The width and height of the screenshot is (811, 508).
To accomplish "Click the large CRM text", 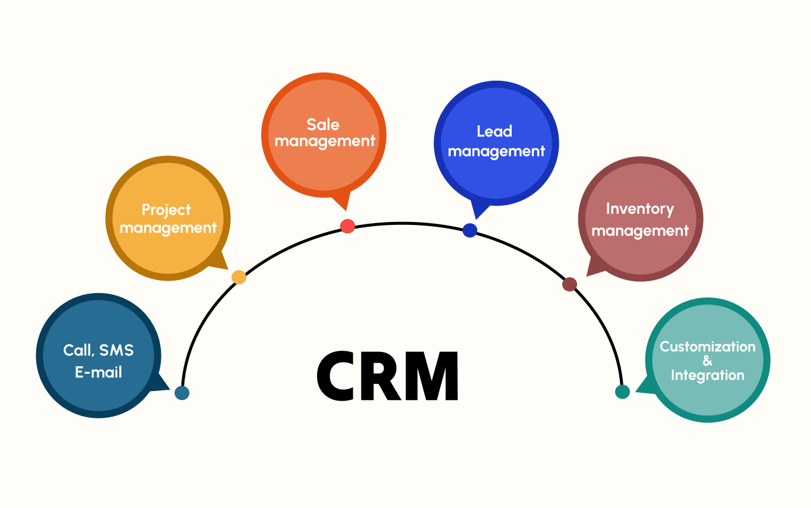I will (x=387, y=376).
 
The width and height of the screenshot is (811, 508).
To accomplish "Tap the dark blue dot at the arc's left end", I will (x=182, y=393).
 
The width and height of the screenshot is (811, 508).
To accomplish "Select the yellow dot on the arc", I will (x=239, y=277).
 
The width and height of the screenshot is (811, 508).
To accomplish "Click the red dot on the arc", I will (x=348, y=226).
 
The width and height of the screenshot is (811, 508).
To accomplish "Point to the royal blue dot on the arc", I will (x=470, y=230).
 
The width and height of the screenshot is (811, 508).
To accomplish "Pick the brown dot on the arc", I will (x=569, y=284).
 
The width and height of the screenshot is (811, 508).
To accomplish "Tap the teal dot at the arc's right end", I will (x=622, y=392).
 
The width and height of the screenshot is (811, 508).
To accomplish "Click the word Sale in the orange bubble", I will (x=323, y=125).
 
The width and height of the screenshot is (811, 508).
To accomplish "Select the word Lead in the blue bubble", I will (x=494, y=131).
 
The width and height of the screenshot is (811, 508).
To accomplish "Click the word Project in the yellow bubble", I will (x=166, y=210).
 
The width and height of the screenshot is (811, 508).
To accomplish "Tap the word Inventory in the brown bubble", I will (x=639, y=209).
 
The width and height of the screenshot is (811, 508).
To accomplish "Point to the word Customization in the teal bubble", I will (x=708, y=347).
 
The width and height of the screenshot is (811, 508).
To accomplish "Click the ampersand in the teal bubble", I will (x=707, y=361).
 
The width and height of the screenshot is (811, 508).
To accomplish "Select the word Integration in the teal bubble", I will (x=707, y=375).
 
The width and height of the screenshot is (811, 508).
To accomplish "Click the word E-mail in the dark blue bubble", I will (x=99, y=372).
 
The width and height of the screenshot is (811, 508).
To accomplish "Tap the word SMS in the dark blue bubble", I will (x=116, y=350).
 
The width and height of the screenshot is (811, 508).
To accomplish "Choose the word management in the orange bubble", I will (x=325, y=141).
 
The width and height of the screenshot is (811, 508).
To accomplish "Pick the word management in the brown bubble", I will (x=640, y=230).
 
